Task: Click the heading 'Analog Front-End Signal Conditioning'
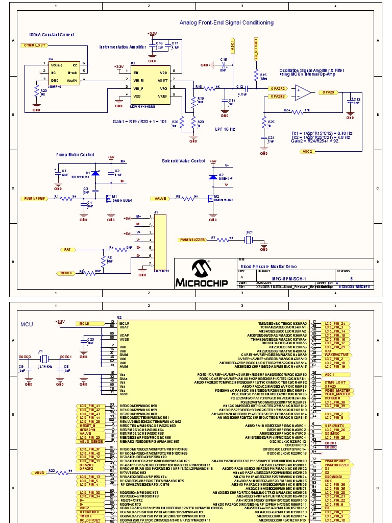[x=226, y=22]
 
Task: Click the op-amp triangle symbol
[x=304, y=92]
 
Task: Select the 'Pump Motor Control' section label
[x=75, y=154]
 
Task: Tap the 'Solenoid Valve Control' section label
[x=183, y=161]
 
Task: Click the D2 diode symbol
[x=213, y=177]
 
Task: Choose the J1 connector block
[x=160, y=241]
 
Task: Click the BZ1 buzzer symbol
[x=250, y=239]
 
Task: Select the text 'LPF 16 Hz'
[x=225, y=129]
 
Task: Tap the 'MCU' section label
[x=27, y=324]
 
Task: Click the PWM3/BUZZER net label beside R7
[x=192, y=239]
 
